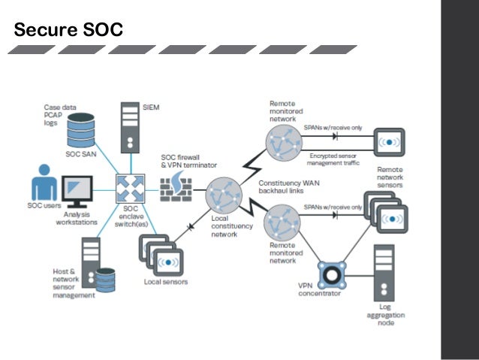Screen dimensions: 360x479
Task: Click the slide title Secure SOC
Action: click(68, 30)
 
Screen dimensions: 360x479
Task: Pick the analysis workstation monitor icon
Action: click(77, 189)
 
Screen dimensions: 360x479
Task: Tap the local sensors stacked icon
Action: click(161, 254)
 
